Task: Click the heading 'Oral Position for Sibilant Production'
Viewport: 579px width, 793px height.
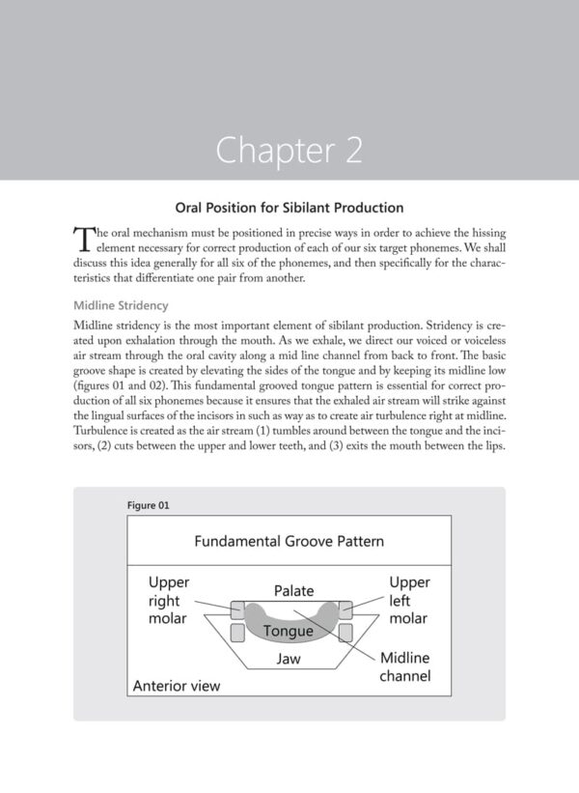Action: tap(289, 207)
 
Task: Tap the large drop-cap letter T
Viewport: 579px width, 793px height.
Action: tap(82, 238)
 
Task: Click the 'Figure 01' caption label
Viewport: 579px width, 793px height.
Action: tap(149, 505)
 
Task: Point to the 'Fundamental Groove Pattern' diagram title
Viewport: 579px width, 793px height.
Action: tap(289, 541)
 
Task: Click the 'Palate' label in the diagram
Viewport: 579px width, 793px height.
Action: tap(294, 589)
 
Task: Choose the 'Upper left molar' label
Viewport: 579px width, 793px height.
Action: tap(409, 600)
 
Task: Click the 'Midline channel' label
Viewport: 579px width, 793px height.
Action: tap(405, 666)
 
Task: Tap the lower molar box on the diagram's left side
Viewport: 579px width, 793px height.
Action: tap(236, 633)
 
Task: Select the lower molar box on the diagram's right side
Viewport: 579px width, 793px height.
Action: tap(343, 633)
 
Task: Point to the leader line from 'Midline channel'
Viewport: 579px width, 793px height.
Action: tap(338, 637)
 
